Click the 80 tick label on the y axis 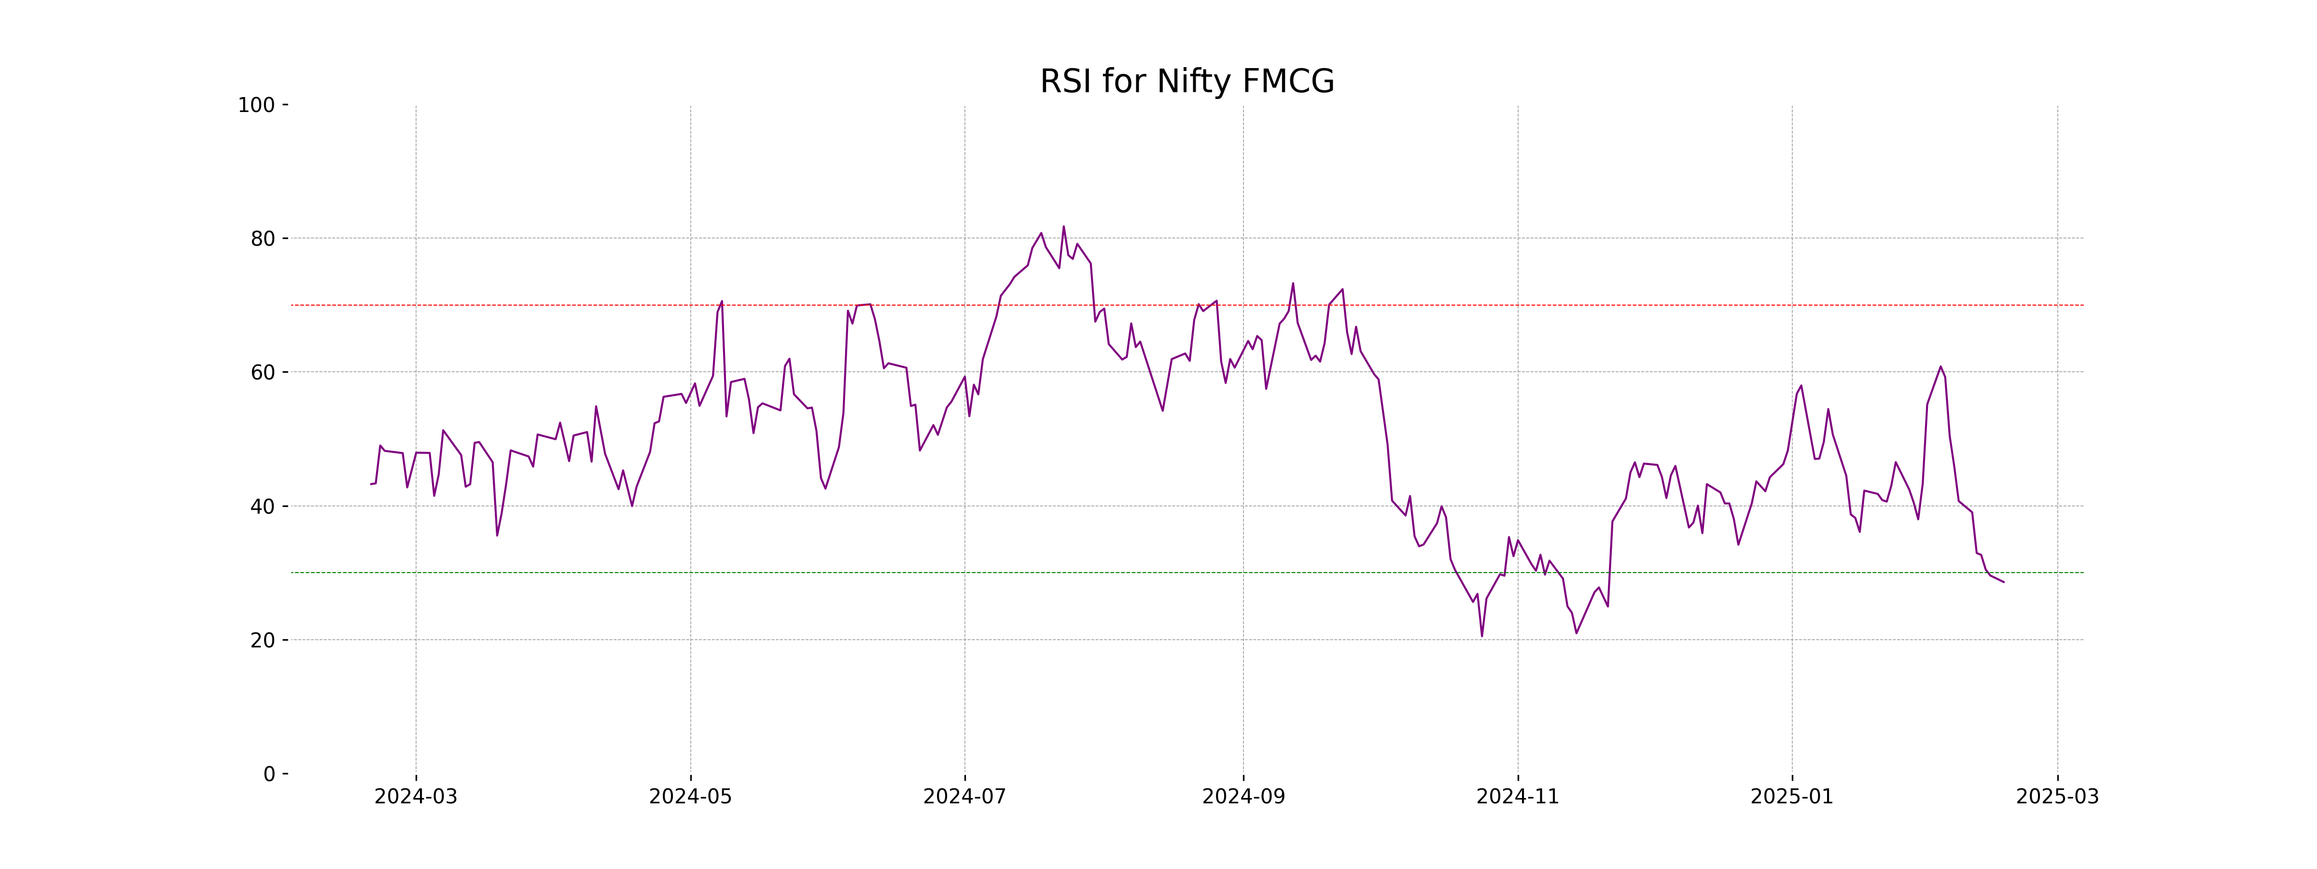coord(263,239)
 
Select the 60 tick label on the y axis coord(263,372)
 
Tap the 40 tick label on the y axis coord(263,506)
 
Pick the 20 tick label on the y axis coord(263,641)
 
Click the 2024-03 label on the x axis coord(416,797)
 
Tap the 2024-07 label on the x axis coord(964,797)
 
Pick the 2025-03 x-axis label coord(2057,797)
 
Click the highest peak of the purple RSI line coord(1063,227)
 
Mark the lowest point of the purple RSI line coord(1481,636)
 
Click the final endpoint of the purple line coord(2003,582)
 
